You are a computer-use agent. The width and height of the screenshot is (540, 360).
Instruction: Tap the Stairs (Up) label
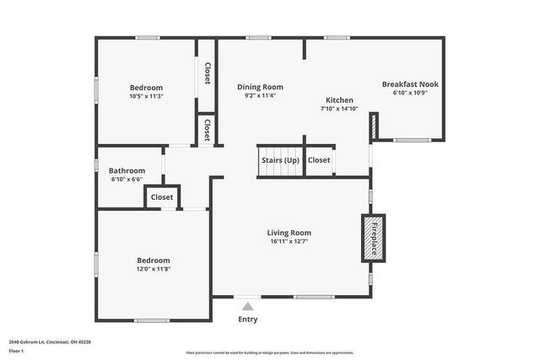[x=280, y=159]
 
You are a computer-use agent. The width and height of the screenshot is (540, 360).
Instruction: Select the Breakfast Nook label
[x=410, y=84]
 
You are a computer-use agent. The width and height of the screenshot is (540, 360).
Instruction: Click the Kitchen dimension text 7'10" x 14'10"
[x=339, y=109]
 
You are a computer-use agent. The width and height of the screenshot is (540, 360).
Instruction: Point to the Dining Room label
[x=260, y=87]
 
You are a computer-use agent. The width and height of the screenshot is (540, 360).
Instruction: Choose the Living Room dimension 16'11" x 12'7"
[x=289, y=242]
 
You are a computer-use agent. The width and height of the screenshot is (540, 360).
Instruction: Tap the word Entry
[x=247, y=320]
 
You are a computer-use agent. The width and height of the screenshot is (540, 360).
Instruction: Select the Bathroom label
[x=127, y=170]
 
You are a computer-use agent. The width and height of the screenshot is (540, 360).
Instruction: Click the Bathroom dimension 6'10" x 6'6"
[x=127, y=179]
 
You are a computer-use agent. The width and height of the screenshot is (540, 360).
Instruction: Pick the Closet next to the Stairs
[x=319, y=159]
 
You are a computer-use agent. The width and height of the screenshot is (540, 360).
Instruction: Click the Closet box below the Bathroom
[x=162, y=197]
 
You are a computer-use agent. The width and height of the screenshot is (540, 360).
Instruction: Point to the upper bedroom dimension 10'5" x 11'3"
[x=146, y=96]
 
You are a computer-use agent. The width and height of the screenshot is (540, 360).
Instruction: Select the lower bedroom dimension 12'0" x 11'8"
[x=153, y=270]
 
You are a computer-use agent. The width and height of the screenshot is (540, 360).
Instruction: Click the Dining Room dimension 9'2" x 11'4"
[x=260, y=95]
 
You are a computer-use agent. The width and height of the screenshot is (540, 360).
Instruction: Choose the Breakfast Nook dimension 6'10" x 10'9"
[x=410, y=93]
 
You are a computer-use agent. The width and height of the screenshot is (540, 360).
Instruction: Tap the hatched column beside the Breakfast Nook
[x=373, y=126]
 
